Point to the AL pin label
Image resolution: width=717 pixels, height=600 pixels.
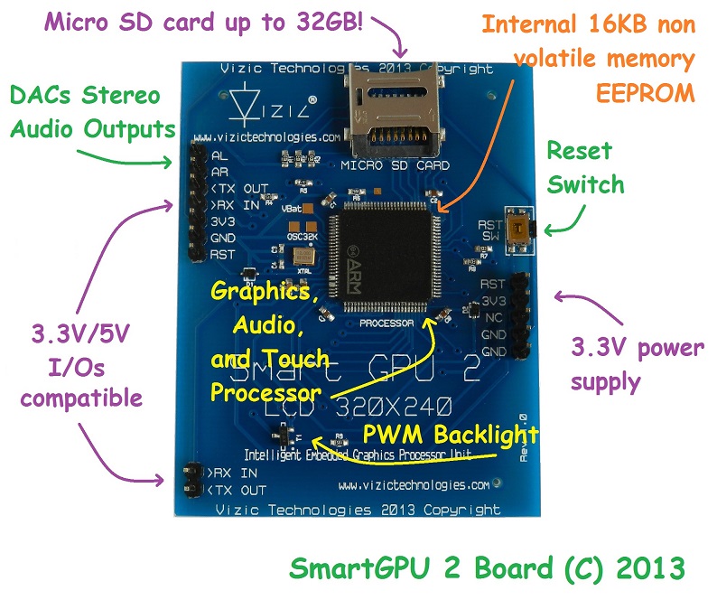tap(219, 155)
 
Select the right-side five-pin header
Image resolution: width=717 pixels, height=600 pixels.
tap(520, 316)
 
